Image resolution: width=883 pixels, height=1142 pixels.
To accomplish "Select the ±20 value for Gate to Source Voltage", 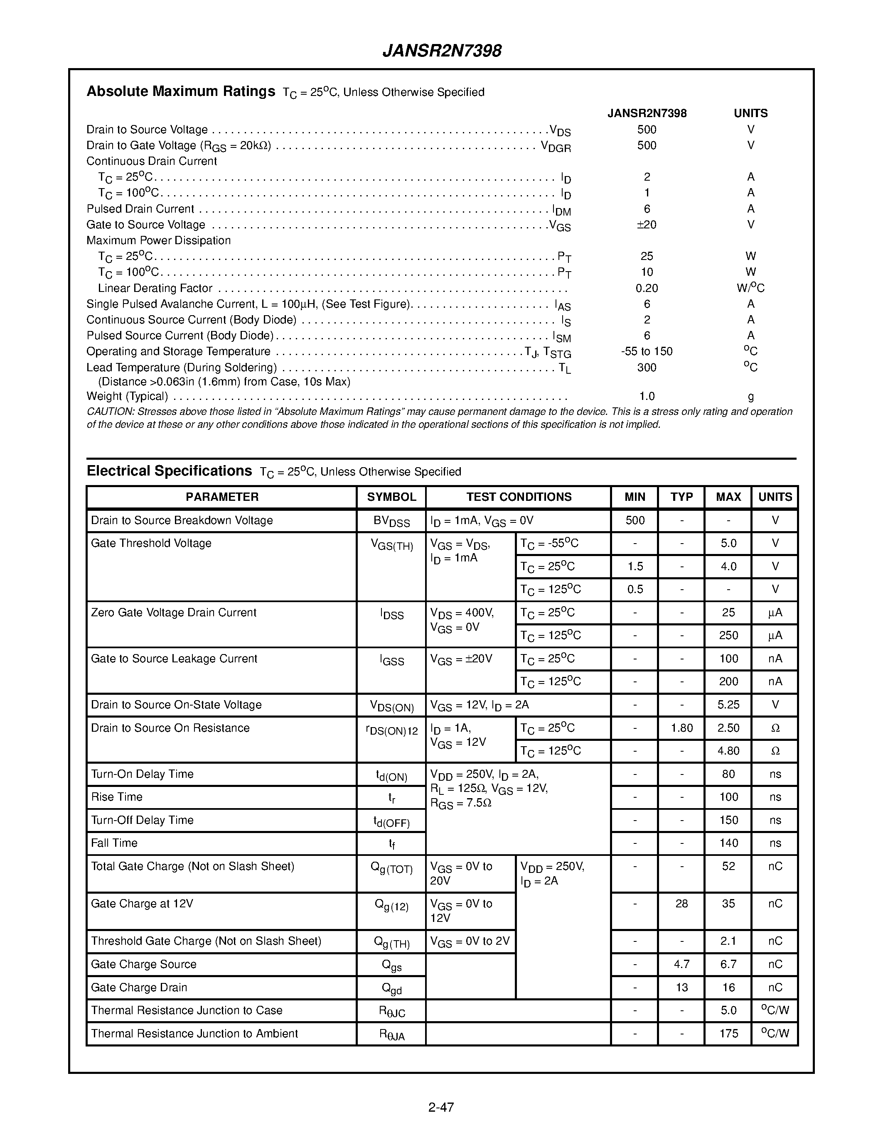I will [647, 225].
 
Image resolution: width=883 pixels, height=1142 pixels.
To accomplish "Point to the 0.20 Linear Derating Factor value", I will [647, 288].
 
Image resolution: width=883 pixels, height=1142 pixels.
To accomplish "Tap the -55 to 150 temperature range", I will [647, 351].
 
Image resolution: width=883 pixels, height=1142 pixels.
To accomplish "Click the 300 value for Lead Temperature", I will [647, 368].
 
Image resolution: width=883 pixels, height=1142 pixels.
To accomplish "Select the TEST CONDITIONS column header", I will [519, 497].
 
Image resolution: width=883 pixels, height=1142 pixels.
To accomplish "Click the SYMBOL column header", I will [391, 497].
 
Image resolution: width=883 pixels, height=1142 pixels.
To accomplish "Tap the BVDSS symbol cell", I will [391, 521].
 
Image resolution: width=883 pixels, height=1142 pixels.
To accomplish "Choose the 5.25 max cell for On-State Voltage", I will [728, 705].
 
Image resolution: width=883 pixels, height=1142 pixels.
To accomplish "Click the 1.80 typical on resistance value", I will [681, 728].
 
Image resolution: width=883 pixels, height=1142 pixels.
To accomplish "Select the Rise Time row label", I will [117, 797].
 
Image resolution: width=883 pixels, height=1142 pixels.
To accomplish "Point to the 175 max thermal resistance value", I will [728, 1034].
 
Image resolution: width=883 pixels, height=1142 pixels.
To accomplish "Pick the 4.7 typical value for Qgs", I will [681, 964].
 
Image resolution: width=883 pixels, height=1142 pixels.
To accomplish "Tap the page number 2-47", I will [441, 1107].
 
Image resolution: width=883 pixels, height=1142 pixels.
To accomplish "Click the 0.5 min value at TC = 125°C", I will [635, 589].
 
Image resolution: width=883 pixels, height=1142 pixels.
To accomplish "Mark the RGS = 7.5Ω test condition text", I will [460, 803].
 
